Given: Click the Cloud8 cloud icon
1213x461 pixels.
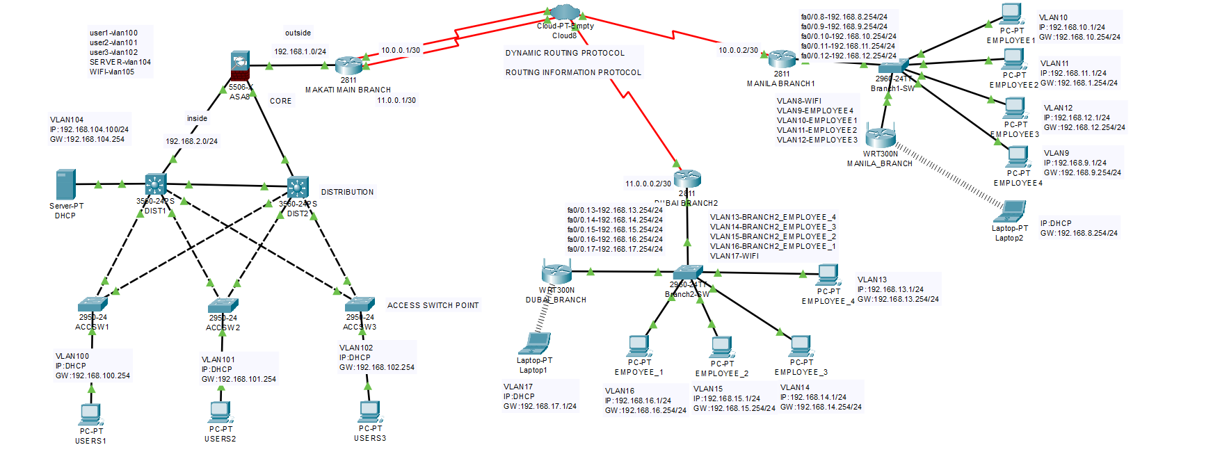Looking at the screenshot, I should (564, 12).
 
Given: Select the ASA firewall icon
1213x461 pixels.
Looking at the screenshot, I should (240, 66).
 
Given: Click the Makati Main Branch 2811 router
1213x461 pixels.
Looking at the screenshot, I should (348, 65).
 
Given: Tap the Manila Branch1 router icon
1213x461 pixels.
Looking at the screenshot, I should (782, 59).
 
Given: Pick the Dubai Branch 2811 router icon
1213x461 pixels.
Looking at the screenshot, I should (687, 179).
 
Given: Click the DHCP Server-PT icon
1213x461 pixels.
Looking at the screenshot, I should (65, 185).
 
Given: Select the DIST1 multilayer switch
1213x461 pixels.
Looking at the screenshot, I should (156, 185).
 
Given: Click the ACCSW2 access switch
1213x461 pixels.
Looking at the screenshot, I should (223, 306).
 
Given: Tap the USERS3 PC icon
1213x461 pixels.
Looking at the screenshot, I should (370, 412).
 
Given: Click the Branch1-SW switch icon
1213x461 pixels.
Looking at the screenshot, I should (893, 67).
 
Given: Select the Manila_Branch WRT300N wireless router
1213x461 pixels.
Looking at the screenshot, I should (881, 137).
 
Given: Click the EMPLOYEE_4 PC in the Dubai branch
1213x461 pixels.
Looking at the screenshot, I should (828, 275).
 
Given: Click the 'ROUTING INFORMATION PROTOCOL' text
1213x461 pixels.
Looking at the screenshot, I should (573, 72).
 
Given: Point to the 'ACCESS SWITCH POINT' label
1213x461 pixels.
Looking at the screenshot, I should (433, 305).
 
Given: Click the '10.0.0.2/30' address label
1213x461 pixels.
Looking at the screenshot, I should (738, 50).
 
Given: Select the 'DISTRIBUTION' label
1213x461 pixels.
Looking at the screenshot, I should (347, 192).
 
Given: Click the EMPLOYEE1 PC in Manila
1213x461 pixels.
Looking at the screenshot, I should (1011, 15).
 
